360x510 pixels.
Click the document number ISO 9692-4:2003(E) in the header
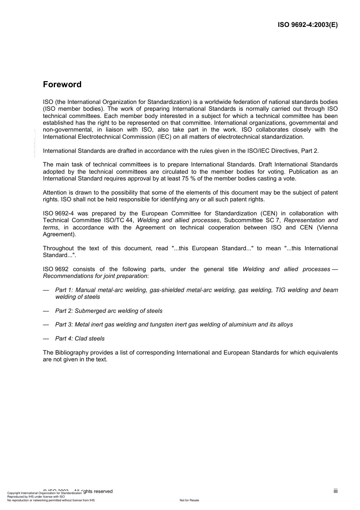point(308,25)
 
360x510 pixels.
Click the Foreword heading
point(62,85)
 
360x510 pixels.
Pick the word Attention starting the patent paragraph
point(55,193)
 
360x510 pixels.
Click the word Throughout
point(58,248)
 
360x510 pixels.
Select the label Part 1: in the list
point(64,290)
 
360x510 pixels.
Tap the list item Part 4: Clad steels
point(80,339)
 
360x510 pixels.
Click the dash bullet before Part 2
point(46,311)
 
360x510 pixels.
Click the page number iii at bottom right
point(335,491)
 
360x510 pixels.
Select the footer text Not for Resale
point(189,500)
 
